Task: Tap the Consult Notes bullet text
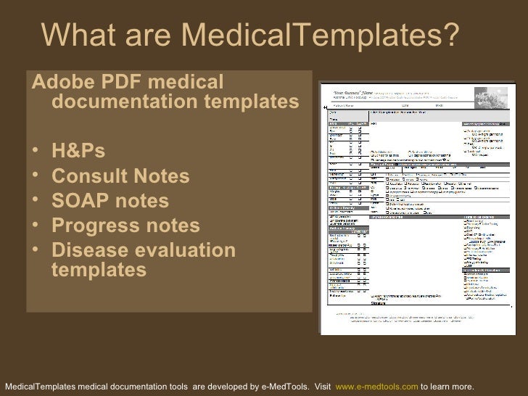(x=121, y=177)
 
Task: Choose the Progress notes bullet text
(x=125, y=226)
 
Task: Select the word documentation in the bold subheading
(x=131, y=104)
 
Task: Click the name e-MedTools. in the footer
(x=286, y=386)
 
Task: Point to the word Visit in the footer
(x=326, y=386)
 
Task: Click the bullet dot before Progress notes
(x=36, y=227)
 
